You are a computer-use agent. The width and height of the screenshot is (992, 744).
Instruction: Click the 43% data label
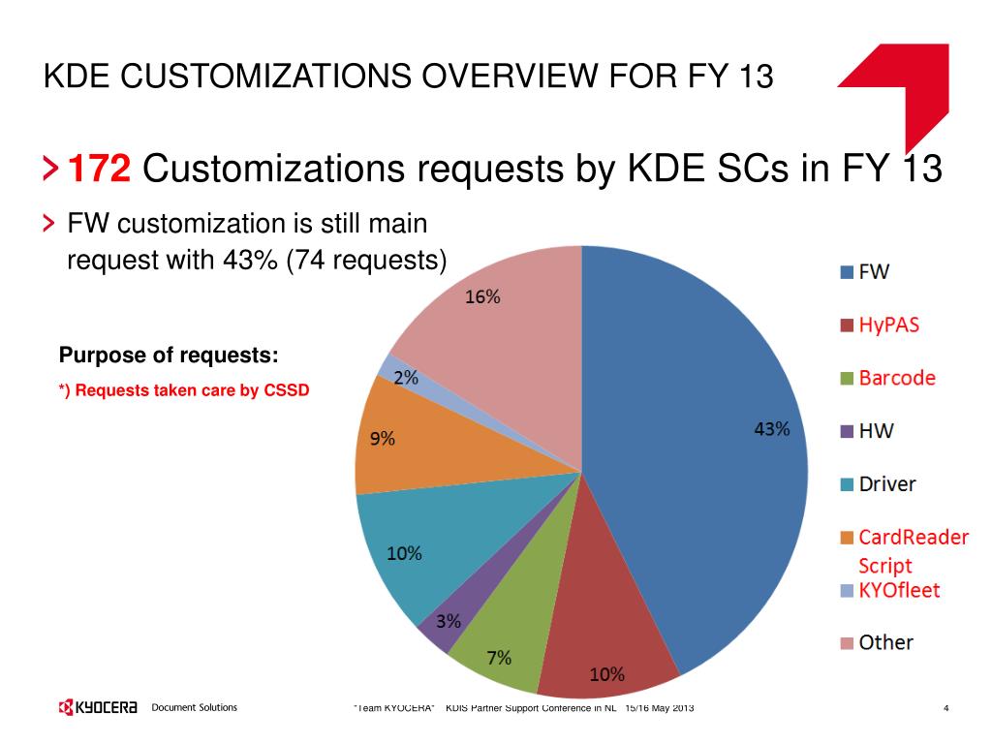click(772, 429)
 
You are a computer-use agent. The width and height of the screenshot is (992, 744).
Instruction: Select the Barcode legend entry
click(897, 378)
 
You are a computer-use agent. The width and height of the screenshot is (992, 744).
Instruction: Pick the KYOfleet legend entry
click(899, 589)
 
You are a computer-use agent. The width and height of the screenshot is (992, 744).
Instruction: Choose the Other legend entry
click(885, 642)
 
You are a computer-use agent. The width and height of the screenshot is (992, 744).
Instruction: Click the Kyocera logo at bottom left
click(98, 708)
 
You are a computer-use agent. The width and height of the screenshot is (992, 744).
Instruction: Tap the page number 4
click(945, 709)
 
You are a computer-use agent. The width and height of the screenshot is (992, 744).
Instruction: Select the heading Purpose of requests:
click(169, 355)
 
